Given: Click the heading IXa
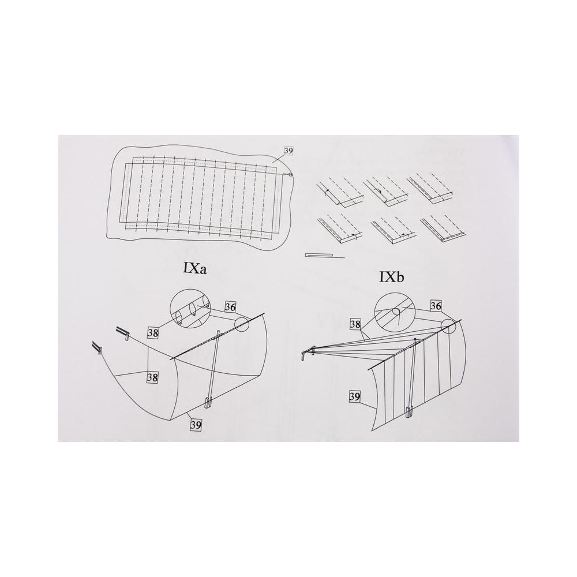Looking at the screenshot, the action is click(x=194, y=269).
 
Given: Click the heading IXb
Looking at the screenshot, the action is click(x=392, y=277).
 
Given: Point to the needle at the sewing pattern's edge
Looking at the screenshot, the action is click(x=287, y=174).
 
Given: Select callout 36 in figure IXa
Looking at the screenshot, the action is click(x=230, y=307).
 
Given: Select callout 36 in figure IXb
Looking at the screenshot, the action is click(x=436, y=306).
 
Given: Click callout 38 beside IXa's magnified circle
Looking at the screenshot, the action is click(x=153, y=333).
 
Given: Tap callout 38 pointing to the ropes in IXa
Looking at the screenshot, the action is click(x=153, y=377).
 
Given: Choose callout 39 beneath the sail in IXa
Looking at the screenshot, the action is click(x=196, y=425).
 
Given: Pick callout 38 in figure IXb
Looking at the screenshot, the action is click(x=355, y=324).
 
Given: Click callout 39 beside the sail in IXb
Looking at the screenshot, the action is click(x=354, y=397).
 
